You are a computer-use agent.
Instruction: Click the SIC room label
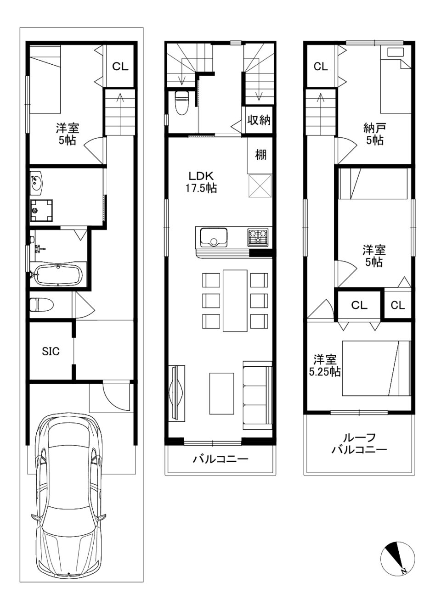(x=51, y=351)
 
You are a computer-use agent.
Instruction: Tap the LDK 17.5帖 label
(x=201, y=182)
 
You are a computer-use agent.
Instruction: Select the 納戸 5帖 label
(x=374, y=134)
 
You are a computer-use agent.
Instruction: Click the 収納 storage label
(x=259, y=120)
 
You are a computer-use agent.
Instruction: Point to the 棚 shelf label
(x=260, y=155)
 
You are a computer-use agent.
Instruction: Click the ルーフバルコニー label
(x=359, y=443)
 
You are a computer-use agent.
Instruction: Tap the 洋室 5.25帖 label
(x=325, y=365)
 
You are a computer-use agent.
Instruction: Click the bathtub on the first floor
(x=59, y=275)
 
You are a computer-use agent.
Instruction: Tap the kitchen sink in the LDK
(x=214, y=237)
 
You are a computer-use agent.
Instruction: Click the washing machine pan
(x=41, y=211)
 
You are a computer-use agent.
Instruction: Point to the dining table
(x=235, y=300)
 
